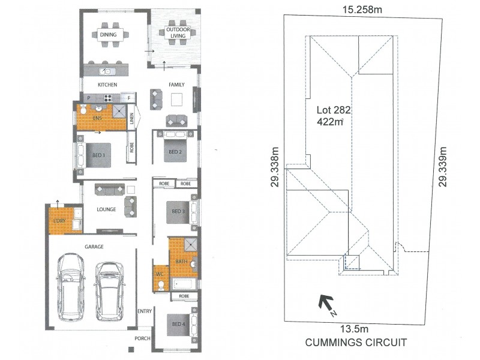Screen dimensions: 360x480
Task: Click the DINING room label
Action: point(109,35)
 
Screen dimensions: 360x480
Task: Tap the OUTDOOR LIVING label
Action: point(178,32)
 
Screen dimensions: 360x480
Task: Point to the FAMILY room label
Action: point(176,85)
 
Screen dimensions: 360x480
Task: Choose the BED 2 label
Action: point(175,152)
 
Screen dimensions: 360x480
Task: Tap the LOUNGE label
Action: point(106,209)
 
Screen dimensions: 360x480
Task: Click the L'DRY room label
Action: point(59,221)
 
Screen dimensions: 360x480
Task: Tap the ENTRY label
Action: point(144,311)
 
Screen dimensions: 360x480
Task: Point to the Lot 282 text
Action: point(334,110)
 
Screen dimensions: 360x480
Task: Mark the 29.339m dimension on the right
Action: point(443,167)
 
